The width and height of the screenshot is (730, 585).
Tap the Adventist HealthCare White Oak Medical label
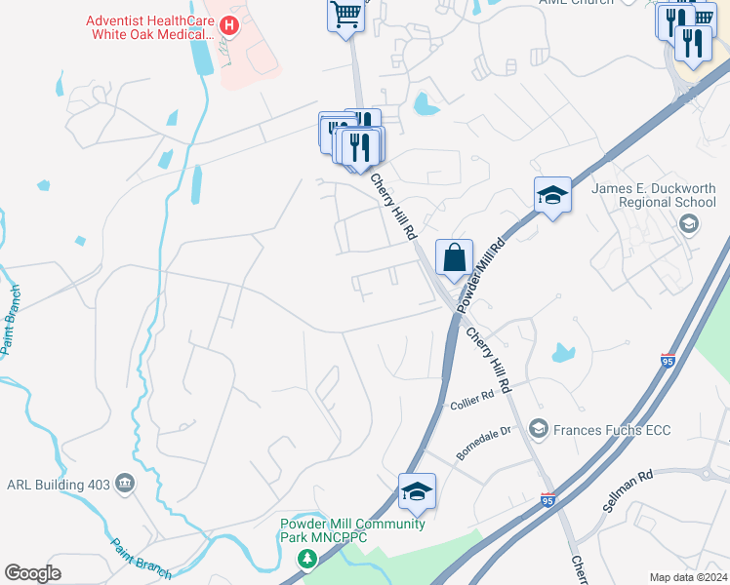click(149, 27)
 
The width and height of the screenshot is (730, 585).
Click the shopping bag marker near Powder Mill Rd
click(454, 259)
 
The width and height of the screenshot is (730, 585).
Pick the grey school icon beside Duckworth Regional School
click(688, 225)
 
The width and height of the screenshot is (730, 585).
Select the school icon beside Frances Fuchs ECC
click(539, 429)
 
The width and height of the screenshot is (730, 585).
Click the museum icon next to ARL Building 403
click(125, 484)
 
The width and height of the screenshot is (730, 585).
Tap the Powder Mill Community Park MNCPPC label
click(352, 530)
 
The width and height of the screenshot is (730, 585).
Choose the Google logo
click(32, 573)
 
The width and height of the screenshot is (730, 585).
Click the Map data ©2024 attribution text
click(688, 577)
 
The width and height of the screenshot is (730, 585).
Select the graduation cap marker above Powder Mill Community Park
click(417, 491)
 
